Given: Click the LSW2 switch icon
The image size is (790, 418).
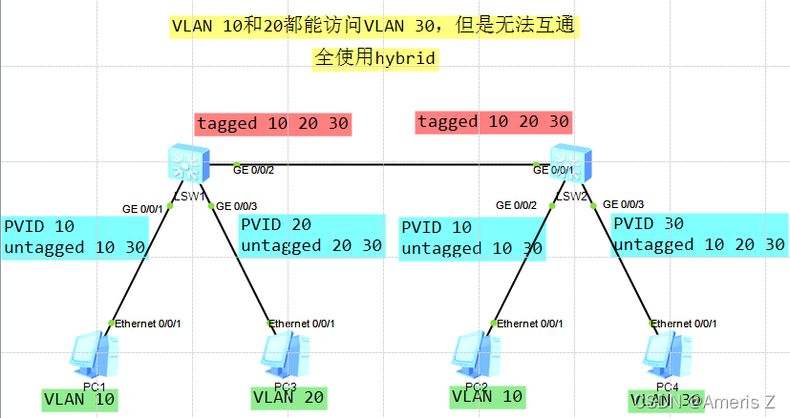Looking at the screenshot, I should tap(570, 163).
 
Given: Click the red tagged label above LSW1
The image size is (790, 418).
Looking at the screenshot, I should tap(273, 124).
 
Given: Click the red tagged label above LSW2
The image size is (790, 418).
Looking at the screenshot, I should tap(493, 122).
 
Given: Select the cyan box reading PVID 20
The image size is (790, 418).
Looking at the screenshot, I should tap(311, 237).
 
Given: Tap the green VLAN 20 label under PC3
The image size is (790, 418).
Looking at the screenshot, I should tap(287, 398).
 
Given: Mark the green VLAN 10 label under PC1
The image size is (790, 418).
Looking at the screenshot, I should tap(80, 400).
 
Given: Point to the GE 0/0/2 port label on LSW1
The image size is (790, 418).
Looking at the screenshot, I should tap(254, 170).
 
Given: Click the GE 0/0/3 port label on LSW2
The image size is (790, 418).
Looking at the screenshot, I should tap(623, 204).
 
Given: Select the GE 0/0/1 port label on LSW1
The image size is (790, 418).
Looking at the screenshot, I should tap(142, 208).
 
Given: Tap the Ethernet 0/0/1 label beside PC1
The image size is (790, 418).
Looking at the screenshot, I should tap(148, 324).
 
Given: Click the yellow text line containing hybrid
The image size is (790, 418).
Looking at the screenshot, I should tap(374, 58).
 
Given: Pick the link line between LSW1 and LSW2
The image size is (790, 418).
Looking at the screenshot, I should tap(382, 165).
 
